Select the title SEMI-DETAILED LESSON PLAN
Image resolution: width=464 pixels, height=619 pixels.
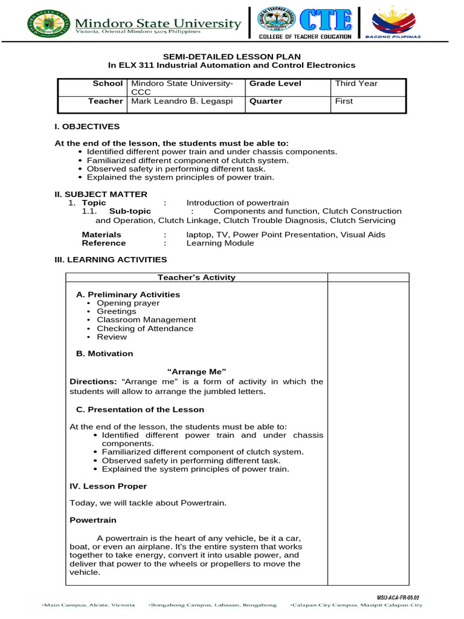(231, 56)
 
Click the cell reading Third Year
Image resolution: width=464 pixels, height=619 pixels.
(356, 83)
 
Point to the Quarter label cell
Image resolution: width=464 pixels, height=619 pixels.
(266, 101)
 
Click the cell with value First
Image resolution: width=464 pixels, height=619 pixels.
(344, 101)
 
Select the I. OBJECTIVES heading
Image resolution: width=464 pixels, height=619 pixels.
(87, 126)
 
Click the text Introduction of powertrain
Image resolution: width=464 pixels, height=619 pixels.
(237, 203)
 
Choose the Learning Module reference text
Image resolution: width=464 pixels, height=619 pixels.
(220, 243)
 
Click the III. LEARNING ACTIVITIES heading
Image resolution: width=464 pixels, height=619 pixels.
(111, 259)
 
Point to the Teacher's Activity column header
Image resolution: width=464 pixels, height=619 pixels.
(196, 277)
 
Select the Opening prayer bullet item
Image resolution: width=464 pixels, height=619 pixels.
(128, 303)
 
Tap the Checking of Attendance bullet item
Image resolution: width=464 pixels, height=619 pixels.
(145, 328)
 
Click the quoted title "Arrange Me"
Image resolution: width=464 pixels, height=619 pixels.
(196, 371)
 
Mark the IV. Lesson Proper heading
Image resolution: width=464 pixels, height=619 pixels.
(108, 486)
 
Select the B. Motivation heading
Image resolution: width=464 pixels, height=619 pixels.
(105, 353)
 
